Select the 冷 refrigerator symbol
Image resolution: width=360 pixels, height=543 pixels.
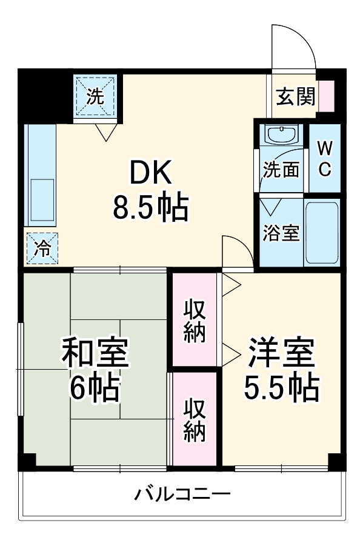tap(42, 248)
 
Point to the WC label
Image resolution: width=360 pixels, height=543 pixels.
tap(325, 159)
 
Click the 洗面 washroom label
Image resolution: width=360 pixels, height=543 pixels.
tap(281, 170)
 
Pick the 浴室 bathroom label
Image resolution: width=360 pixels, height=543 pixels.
tap(281, 233)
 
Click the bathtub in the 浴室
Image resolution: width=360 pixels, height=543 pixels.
tap(321, 233)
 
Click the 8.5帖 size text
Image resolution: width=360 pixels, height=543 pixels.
tap(150, 208)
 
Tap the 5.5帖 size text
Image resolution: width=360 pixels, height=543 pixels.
tap(281, 388)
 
